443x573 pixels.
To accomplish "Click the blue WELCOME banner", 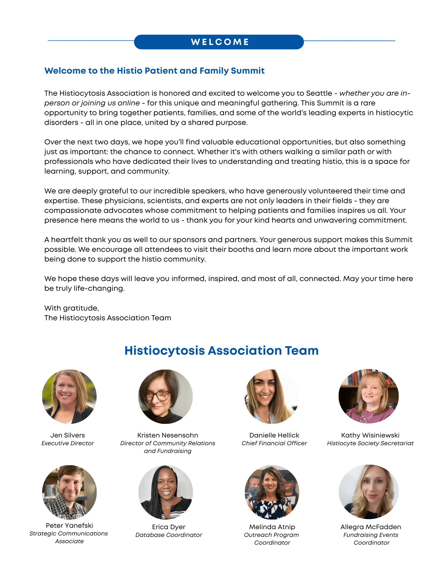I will (x=219, y=42).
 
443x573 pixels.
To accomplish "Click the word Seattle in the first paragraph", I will (x=319, y=93).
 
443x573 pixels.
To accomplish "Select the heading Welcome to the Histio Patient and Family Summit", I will (x=154, y=71).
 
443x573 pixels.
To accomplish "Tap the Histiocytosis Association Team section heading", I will (x=221, y=351).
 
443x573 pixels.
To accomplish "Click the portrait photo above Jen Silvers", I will (x=69, y=397).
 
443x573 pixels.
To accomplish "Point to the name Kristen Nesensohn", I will (x=167, y=435).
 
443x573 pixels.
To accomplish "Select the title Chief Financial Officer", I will (x=274, y=443).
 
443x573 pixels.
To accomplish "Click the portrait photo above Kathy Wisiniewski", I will (x=368, y=397).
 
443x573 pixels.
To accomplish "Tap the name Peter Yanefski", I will (x=69, y=525).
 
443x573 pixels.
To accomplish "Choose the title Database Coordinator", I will (x=169, y=535).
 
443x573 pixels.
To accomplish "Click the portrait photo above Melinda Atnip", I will (x=272, y=492).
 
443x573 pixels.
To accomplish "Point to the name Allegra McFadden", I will (x=370, y=527).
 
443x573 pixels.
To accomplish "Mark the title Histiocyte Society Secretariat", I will (x=370, y=443).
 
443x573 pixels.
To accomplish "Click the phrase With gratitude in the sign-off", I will (x=71, y=308).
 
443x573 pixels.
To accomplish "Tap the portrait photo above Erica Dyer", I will (x=165, y=492).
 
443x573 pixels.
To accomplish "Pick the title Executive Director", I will (x=68, y=443).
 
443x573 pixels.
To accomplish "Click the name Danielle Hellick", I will (x=274, y=435).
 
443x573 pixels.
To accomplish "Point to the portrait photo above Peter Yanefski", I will (x=69, y=492).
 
